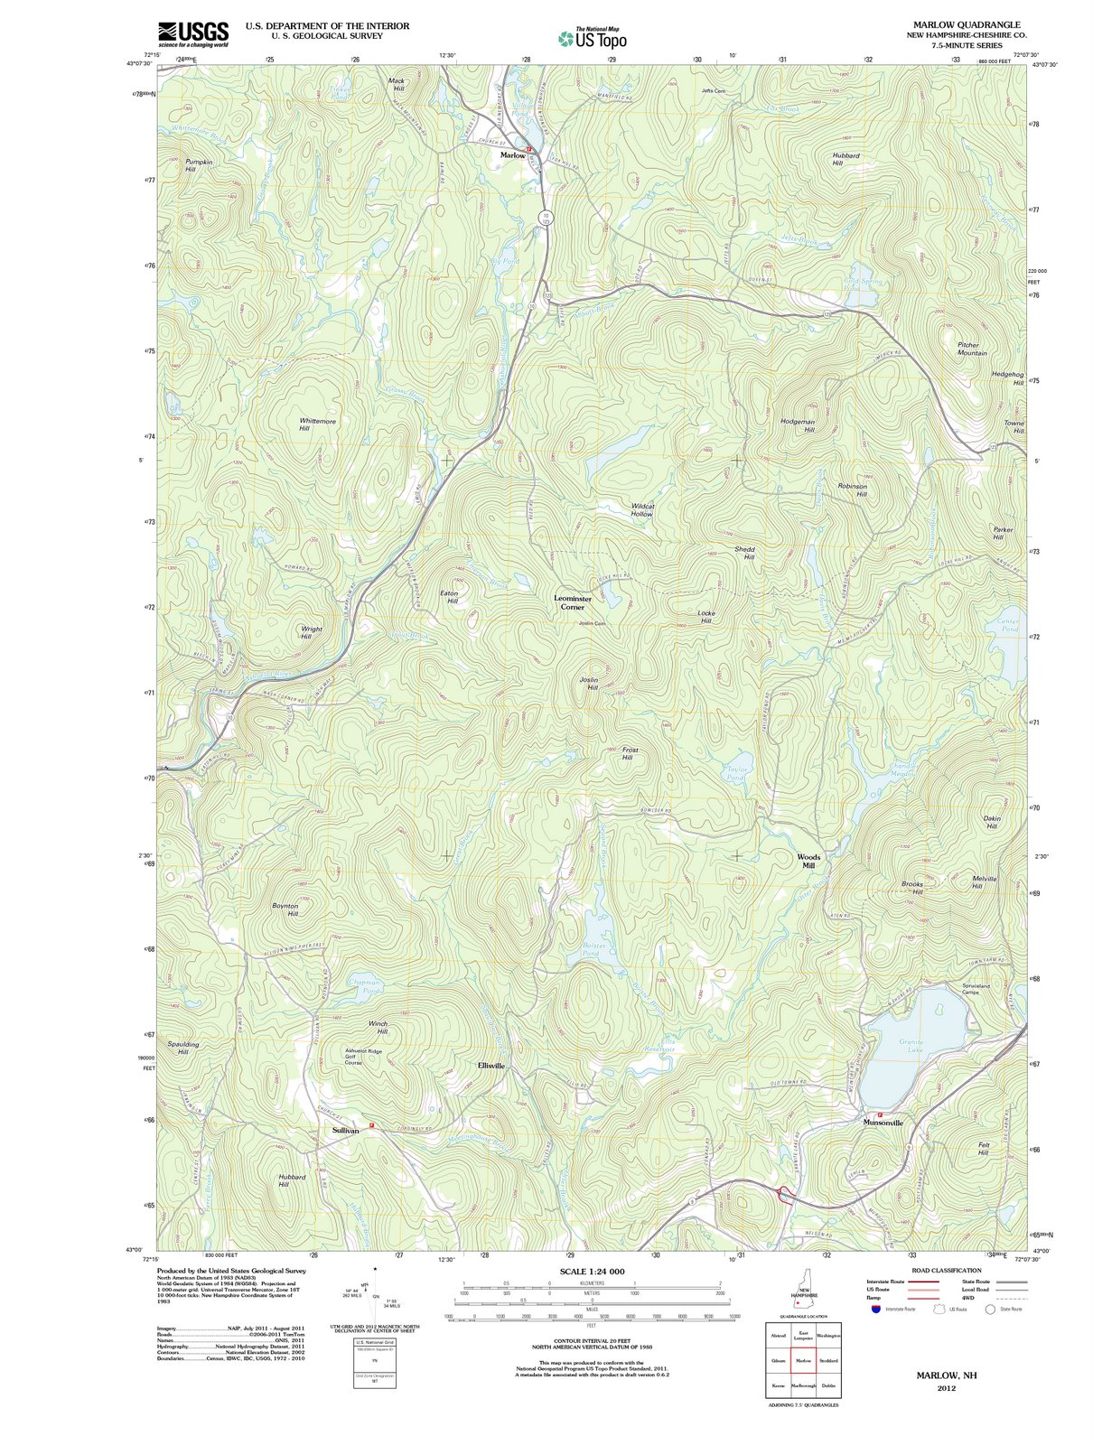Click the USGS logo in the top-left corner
tap(193, 33)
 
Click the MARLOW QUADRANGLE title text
tap(967, 24)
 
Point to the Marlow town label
tap(512, 155)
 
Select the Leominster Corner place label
tap(573, 602)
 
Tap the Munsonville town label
tap(883, 1123)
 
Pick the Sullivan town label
tap(345, 1130)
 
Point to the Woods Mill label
tap(808, 861)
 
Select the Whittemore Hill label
tap(317, 424)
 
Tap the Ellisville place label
tap(491, 1066)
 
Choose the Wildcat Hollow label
tap(642, 509)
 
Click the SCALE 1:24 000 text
tap(592, 1271)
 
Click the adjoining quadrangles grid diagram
tap(803, 1359)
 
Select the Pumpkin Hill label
tap(199, 165)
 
